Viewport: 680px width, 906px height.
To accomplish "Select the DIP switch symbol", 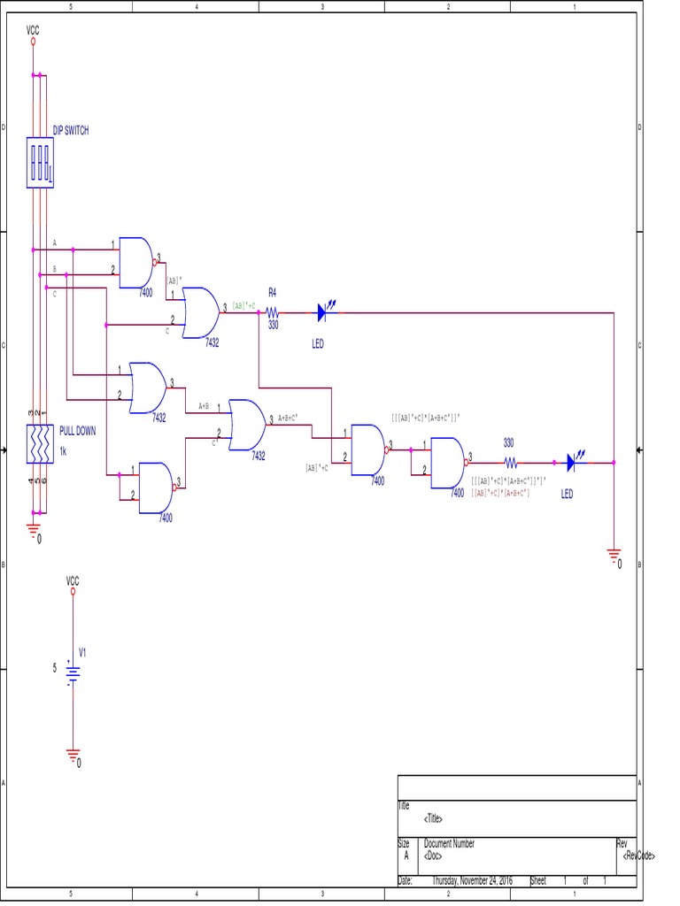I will [x=40, y=162].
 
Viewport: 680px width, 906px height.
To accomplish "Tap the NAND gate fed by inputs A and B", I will [x=136, y=262].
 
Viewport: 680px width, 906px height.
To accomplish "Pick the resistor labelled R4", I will [x=272, y=312].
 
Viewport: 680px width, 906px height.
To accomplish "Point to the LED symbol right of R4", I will [x=325, y=312].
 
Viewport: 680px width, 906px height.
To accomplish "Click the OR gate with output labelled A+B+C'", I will [x=247, y=425].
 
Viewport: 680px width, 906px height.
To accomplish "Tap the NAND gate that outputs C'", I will [x=158, y=488].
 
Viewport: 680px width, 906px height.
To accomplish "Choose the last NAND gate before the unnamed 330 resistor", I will [x=448, y=462].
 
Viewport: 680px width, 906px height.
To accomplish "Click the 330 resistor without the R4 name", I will [x=511, y=462].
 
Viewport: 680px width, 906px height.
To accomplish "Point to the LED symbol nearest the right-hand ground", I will [x=573, y=462].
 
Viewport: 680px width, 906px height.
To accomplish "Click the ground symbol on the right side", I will [x=614, y=557].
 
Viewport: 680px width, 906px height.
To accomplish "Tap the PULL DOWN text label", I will [x=78, y=432].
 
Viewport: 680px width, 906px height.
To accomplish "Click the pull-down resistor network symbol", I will [x=40, y=445].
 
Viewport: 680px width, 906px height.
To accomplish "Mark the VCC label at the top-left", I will [x=33, y=31].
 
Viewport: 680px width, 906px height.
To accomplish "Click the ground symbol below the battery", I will [x=73, y=756].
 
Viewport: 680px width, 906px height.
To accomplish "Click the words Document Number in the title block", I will [x=449, y=844].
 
